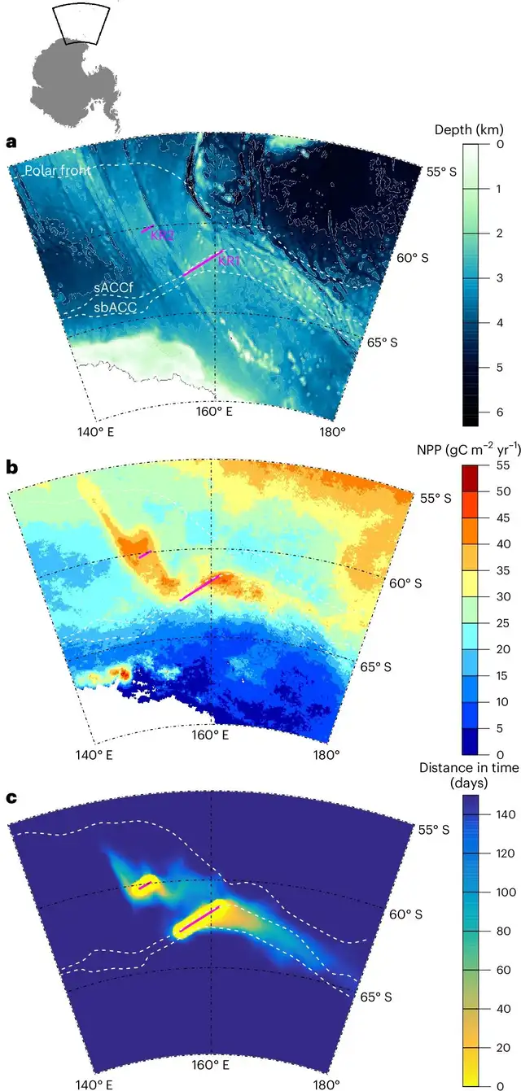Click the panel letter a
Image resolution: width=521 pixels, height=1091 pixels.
point(11,142)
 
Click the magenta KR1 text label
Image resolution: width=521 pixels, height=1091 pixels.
point(229,260)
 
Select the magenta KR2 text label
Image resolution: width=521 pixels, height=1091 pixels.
point(162,235)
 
